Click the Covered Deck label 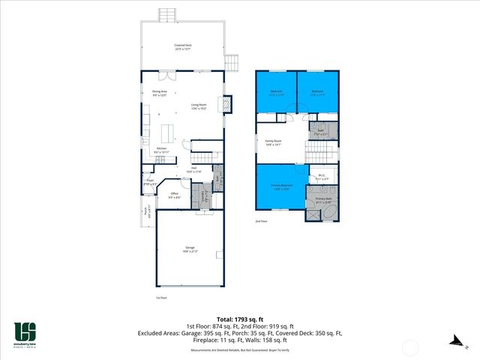[181, 46]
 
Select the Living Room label [199, 106]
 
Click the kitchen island [167, 132]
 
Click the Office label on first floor [173, 195]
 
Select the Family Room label [273, 142]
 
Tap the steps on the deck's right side [233, 61]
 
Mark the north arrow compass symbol [454, 340]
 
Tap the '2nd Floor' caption [261, 222]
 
